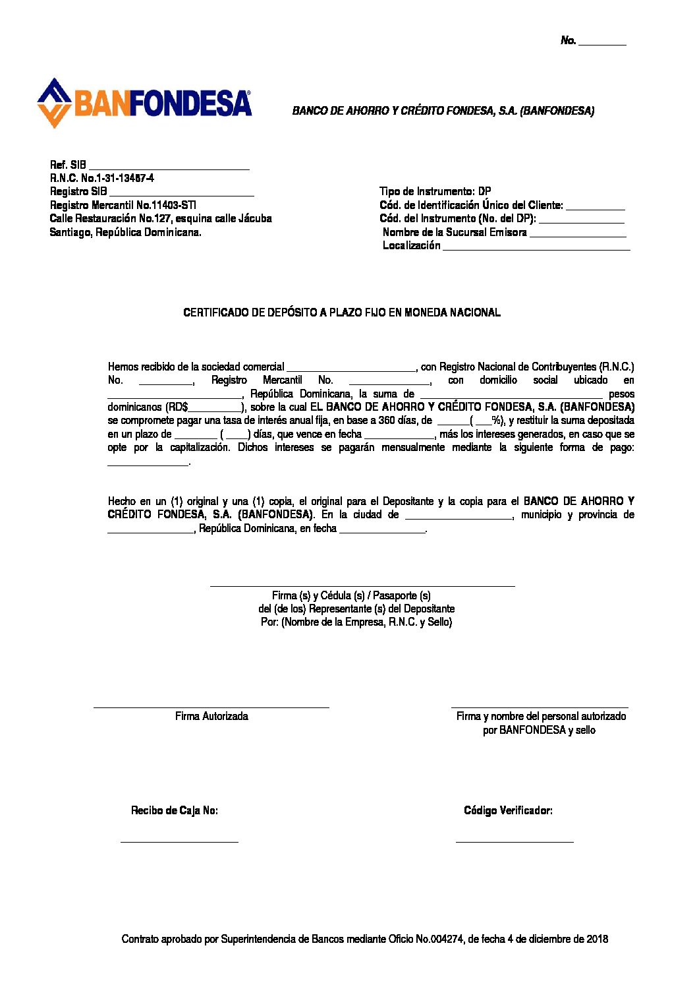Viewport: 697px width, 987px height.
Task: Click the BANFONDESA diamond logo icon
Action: pos(54,103)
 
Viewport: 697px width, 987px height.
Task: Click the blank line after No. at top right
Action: pos(602,43)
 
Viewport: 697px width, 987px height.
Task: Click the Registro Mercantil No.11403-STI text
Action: pos(123,205)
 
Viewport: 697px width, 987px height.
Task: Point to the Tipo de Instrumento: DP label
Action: pos(435,191)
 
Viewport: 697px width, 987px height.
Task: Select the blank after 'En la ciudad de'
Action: pos(459,517)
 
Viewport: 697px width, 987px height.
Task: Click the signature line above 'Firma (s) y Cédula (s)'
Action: pos(362,585)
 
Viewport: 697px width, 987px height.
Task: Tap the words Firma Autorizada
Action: pos(211,716)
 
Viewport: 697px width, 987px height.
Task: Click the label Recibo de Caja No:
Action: pos(175,810)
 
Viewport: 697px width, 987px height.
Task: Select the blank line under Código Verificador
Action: pos(515,841)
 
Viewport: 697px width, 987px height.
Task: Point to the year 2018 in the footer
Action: pos(597,939)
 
